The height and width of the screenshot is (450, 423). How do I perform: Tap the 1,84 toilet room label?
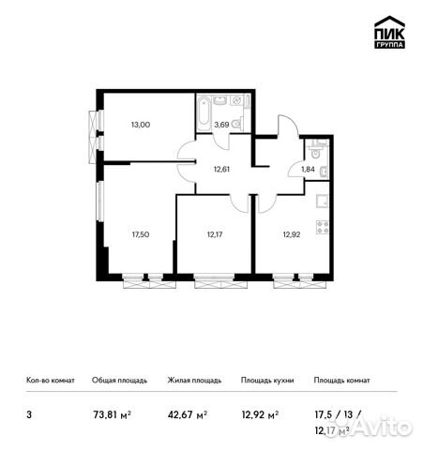307,169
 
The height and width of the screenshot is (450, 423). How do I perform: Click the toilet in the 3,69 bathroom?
237,124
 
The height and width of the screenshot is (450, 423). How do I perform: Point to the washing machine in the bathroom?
236,102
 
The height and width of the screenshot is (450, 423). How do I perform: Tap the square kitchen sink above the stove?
324,201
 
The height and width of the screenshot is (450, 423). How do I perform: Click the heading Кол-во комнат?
46,381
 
